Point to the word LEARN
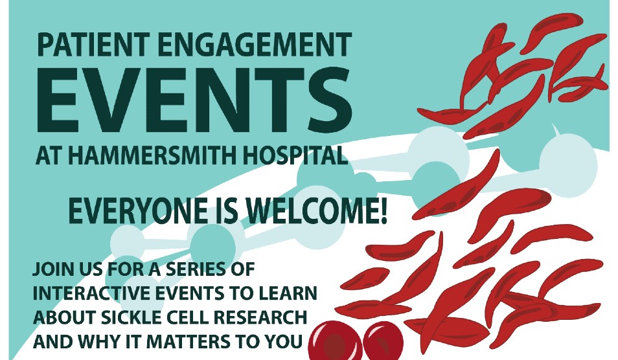290,293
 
